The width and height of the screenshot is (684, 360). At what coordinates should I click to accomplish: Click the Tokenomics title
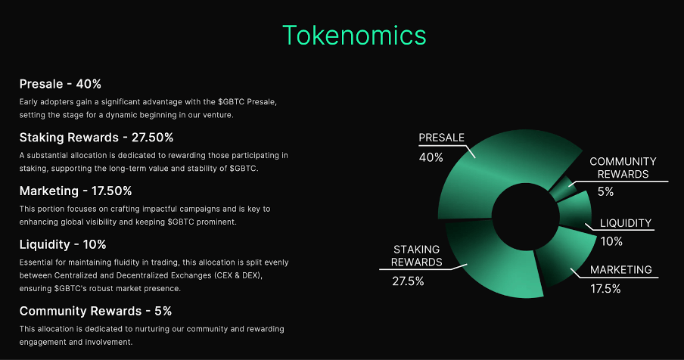click(354, 36)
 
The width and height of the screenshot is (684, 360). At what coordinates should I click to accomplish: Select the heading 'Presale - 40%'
click(61, 84)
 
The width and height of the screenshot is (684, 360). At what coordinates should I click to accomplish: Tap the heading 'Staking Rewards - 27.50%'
click(96, 138)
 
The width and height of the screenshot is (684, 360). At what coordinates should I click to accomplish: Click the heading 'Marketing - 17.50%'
click(76, 191)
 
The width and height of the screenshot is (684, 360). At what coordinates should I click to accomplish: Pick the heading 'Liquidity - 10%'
click(63, 244)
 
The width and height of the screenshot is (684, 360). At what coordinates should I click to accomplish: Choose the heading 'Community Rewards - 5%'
click(95, 311)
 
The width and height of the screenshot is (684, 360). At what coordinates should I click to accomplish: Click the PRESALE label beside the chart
click(441, 138)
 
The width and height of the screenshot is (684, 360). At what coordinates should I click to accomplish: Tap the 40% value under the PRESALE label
click(431, 157)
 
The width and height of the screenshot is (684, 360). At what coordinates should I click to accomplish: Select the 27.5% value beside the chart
click(408, 281)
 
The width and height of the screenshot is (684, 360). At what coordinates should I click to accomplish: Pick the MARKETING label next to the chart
click(621, 270)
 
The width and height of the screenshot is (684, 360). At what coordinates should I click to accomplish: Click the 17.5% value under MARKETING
click(605, 288)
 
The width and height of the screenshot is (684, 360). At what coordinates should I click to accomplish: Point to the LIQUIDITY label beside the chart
click(626, 223)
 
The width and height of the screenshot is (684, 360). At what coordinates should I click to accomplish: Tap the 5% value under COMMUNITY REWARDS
click(605, 191)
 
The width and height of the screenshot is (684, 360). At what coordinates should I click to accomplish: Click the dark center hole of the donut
click(525, 216)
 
